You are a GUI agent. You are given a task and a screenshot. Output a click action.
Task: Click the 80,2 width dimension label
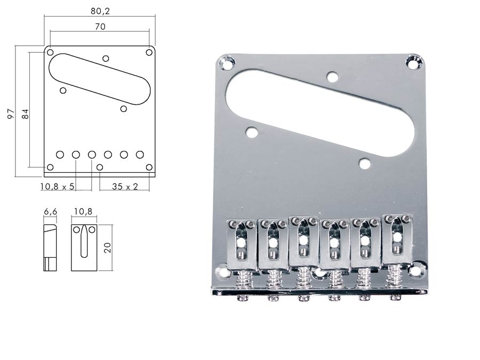pyautogui.click(x=100, y=11)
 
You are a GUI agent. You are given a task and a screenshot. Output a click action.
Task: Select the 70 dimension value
pyautogui.click(x=100, y=27)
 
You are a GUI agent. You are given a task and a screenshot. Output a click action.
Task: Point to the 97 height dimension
pyautogui.click(x=11, y=114)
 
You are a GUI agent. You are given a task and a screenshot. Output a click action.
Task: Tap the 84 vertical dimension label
pyautogui.click(x=26, y=114)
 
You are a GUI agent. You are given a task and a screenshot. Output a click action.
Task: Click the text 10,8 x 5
pyautogui.click(x=58, y=187)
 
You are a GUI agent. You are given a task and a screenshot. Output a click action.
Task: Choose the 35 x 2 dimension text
pyautogui.click(x=125, y=187)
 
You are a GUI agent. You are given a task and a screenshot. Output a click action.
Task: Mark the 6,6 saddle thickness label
pyautogui.click(x=51, y=212)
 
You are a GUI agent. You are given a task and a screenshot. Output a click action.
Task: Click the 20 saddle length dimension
pyautogui.click(x=107, y=247)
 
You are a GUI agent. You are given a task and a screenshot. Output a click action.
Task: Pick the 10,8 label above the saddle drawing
pyautogui.click(x=83, y=212)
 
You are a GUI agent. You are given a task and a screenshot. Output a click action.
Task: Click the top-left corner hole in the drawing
pyautogui.click(x=50, y=52)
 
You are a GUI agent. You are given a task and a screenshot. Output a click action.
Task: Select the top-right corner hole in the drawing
pyautogui.click(x=149, y=52)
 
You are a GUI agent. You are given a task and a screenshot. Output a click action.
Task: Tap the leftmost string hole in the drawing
pyautogui.click(x=60, y=155)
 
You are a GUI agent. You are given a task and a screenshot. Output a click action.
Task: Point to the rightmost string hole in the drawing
pyautogui.click(x=140, y=155)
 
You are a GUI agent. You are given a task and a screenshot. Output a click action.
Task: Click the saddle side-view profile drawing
pyautogui.click(x=50, y=247)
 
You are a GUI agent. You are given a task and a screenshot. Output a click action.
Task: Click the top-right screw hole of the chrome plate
pyautogui.click(x=413, y=61)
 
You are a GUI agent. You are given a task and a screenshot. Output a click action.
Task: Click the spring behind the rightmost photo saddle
pyautogui.click(x=396, y=276)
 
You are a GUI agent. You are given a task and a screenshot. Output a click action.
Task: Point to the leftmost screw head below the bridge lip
pyautogui.click(x=244, y=297)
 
